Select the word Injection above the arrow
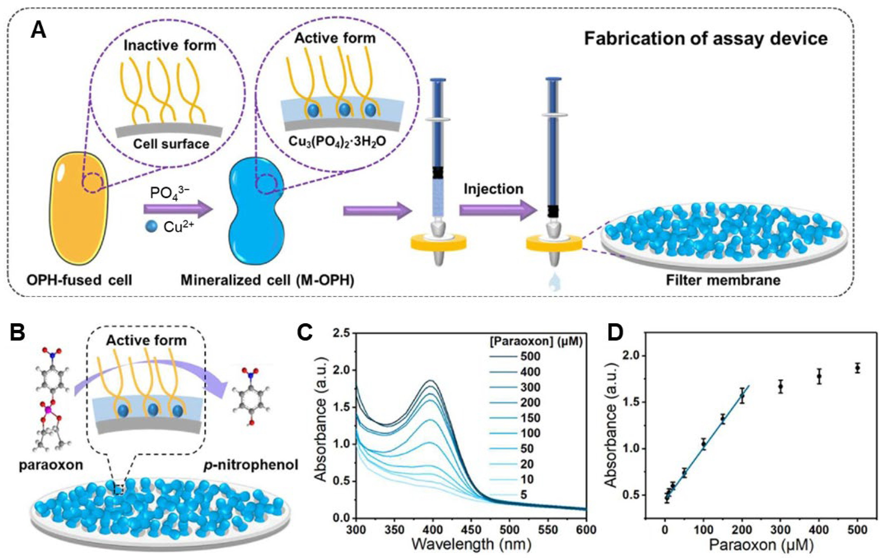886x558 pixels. click(493, 189)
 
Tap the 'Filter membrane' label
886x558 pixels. click(723, 280)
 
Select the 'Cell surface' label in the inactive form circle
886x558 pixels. click(171, 143)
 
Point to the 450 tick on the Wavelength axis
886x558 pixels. click(471, 529)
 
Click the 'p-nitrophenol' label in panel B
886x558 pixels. click(251, 465)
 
